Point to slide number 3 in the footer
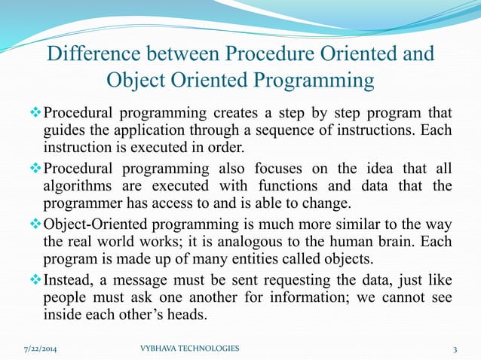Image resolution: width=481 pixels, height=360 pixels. point(455,349)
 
